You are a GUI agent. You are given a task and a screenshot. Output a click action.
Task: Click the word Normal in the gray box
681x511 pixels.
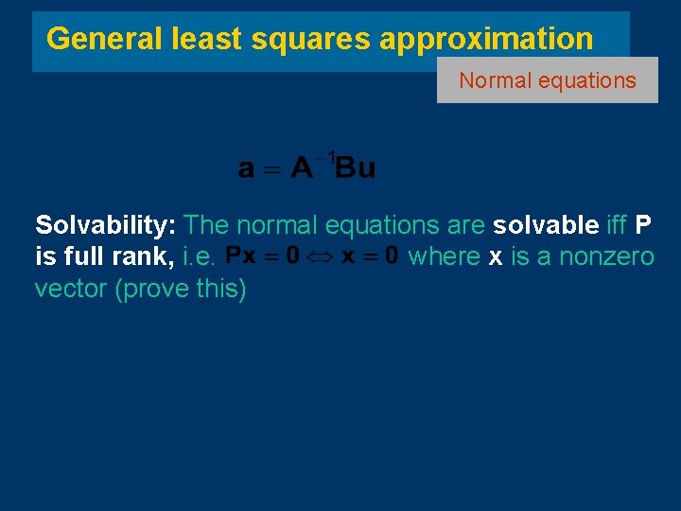(495, 80)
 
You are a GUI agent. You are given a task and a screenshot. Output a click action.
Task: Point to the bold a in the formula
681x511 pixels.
(246, 169)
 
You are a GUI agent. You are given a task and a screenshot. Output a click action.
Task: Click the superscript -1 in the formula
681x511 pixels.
(327, 157)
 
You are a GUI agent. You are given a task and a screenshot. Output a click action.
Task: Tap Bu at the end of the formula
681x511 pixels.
(356, 168)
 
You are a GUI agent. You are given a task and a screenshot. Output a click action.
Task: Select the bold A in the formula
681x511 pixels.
(302, 168)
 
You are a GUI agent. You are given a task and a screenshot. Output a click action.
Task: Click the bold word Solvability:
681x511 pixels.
(106, 225)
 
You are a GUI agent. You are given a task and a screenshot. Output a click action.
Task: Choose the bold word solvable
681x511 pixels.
(546, 225)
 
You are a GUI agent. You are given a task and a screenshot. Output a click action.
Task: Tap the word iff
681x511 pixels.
(617, 225)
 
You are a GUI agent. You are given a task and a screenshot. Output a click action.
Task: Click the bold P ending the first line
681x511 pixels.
(643, 225)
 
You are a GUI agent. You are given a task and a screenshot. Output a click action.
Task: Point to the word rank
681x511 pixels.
(142, 257)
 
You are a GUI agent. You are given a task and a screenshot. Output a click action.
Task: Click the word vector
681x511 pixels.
(71, 290)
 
